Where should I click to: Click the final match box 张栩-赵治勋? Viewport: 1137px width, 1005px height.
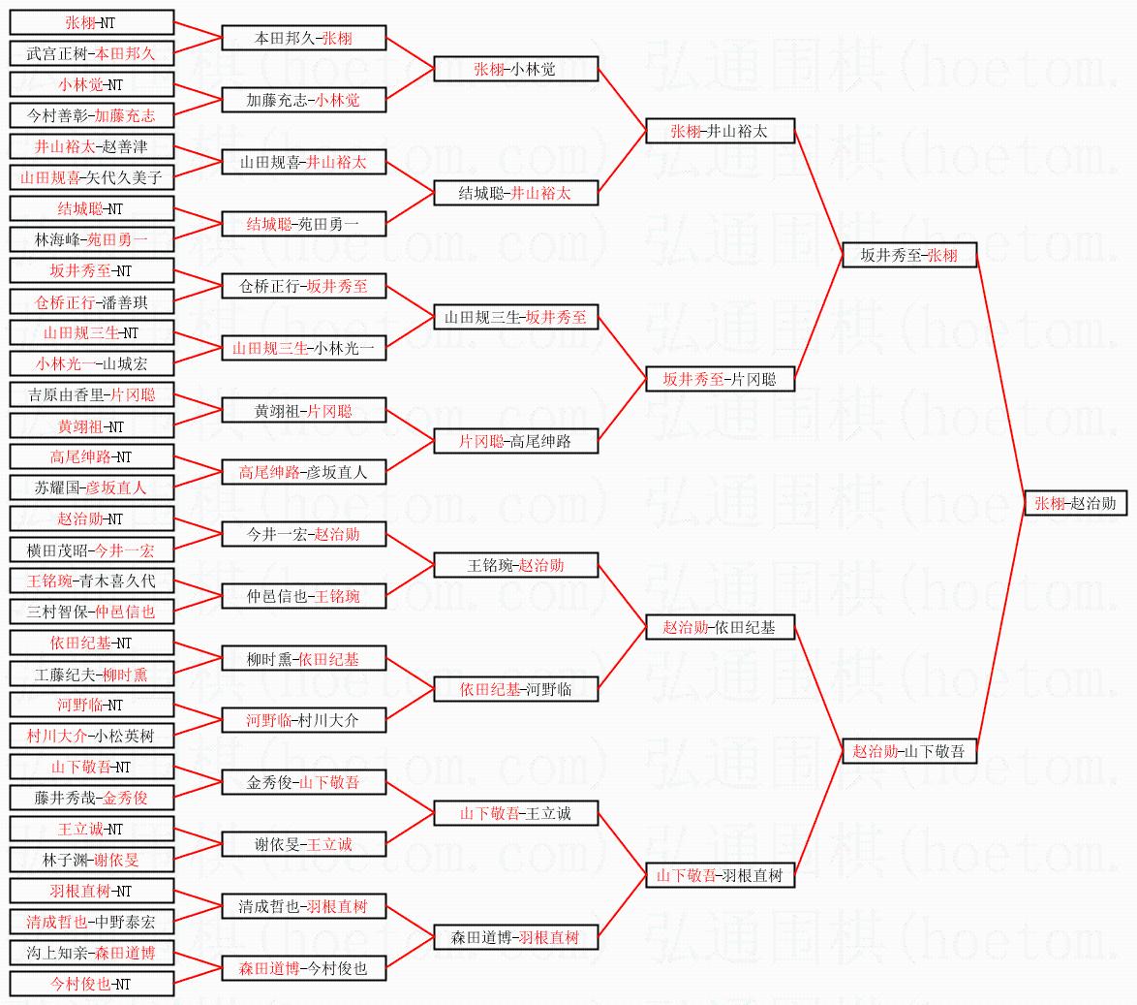[x=1075, y=503]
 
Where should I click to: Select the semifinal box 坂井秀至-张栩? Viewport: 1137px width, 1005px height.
[x=909, y=255]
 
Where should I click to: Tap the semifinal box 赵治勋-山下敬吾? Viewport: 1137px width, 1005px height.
[x=909, y=751]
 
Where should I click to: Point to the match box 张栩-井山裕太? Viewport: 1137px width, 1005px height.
[x=720, y=131]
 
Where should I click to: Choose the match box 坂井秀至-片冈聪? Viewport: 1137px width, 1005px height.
[x=720, y=379]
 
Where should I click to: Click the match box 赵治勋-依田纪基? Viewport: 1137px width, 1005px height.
[x=720, y=627]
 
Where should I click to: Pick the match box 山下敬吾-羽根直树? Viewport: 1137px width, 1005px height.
[x=720, y=875]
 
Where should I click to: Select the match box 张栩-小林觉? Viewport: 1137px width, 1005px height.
[x=515, y=69]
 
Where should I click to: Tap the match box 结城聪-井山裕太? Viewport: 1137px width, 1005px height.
[x=515, y=193]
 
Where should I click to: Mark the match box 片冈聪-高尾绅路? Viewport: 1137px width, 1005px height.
[x=515, y=441]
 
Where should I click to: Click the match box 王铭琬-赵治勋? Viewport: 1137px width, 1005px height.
[x=515, y=565]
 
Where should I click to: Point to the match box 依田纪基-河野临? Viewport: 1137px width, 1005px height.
[x=515, y=689]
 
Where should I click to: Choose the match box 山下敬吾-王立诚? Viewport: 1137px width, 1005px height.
[x=515, y=813]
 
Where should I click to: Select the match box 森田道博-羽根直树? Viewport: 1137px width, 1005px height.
[x=515, y=937]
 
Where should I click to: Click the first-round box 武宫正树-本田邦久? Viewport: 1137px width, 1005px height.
[x=91, y=53]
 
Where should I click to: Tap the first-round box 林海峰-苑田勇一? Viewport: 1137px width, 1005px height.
[x=91, y=239]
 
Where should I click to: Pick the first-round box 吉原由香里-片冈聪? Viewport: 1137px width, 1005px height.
[x=91, y=394]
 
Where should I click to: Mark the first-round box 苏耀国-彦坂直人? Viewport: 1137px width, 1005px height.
[x=91, y=487]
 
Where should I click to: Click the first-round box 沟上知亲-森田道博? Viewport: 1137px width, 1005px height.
[x=91, y=953]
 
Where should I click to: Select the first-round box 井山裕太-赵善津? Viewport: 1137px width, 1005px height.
[x=91, y=146]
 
